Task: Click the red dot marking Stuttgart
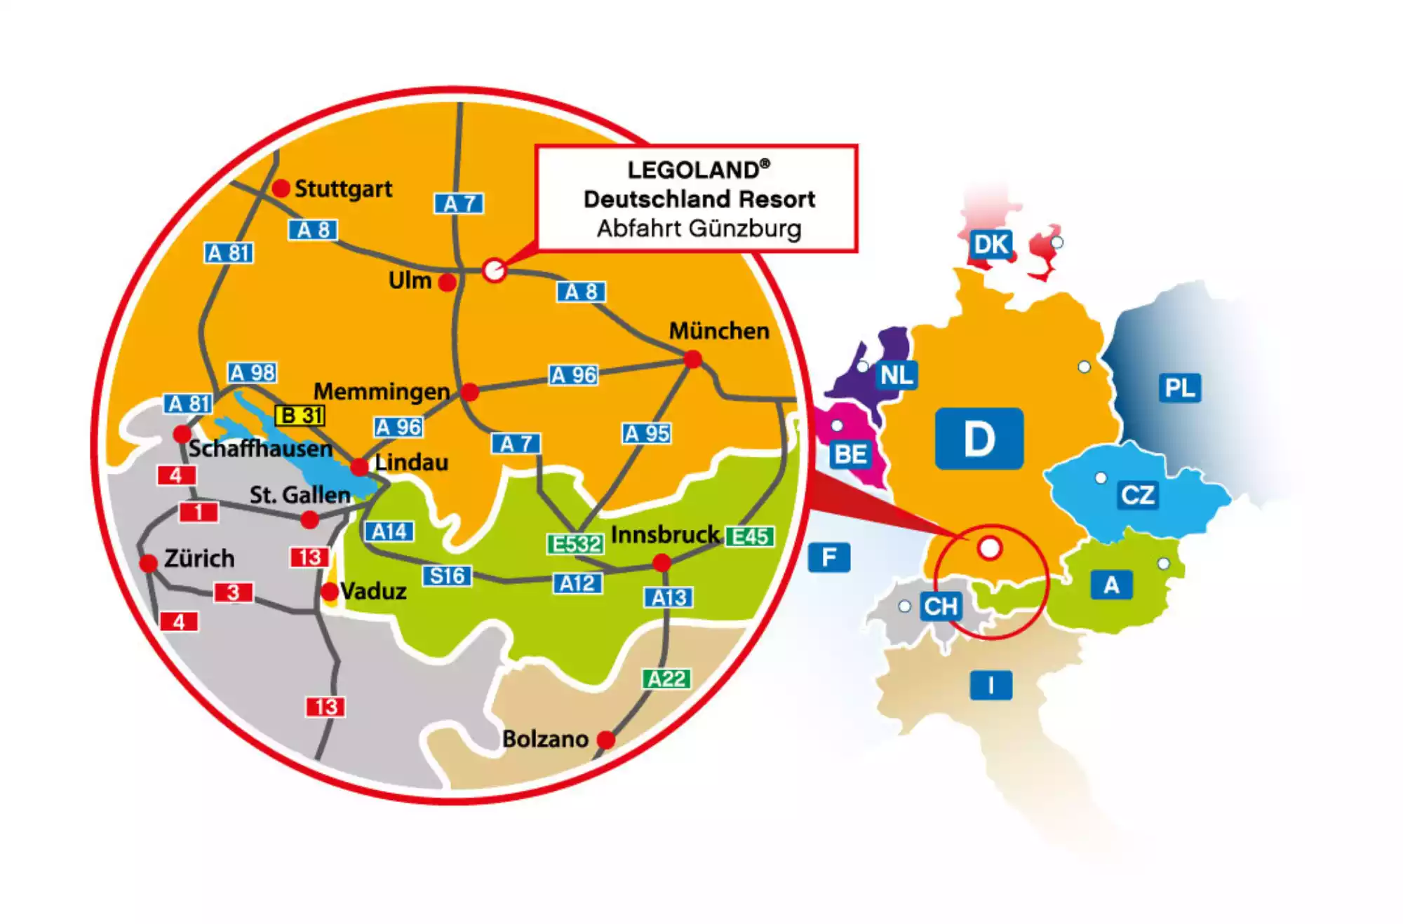pos(281,188)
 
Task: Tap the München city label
pos(719,331)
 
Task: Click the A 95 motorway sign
pos(647,433)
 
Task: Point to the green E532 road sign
pos(575,543)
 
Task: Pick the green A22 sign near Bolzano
pos(666,679)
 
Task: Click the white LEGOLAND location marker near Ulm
pos(494,270)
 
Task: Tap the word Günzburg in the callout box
pos(744,229)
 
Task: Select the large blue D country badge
pos(979,439)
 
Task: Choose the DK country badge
pos(991,245)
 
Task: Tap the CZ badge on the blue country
pos(1137,495)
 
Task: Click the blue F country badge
pos(828,558)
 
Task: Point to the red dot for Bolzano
pos(606,739)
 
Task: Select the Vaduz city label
pos(373,592)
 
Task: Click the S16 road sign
pos(447,576)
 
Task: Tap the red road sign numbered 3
pos(233,592)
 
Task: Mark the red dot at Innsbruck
pos(662,562)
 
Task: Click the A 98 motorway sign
pos(252,372)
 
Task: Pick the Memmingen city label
pos(382,391)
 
